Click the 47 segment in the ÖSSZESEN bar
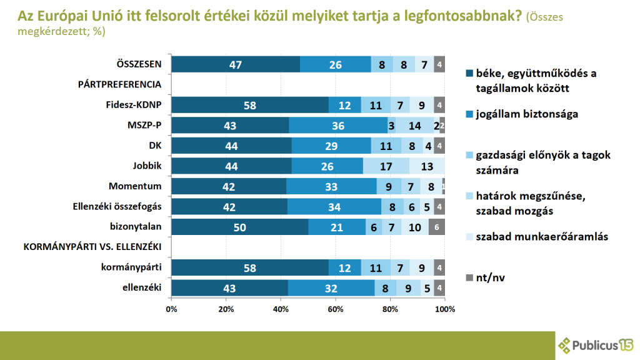[x=236, y=64]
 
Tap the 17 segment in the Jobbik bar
[x=386, y=166]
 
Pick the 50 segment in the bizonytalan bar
[x=239, y=227]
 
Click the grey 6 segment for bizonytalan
[x=437, y=227]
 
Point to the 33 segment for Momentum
[x=331, y=186]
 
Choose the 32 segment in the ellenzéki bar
[x=331, y=287]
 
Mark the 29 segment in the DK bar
[x=331, y=146]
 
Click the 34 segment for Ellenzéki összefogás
[x=334, y=207]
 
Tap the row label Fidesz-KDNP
[x=134, y=104]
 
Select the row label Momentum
[x=135, y=186]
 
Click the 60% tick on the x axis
[x=336, y=309]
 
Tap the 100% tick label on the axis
[x=444, y=309]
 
